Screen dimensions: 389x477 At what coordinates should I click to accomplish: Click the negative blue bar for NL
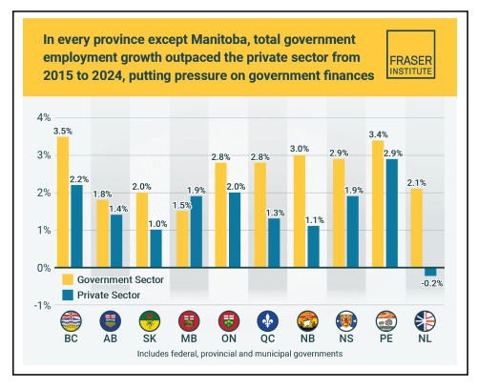431,272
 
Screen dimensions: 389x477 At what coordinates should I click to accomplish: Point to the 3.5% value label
63,129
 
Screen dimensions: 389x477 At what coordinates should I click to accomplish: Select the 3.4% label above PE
378,133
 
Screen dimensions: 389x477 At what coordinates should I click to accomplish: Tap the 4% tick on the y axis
42,118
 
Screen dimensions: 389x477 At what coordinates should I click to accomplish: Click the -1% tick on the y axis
40,305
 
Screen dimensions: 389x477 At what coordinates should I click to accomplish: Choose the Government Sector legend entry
120,279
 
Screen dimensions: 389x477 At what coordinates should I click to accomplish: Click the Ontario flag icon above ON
227,321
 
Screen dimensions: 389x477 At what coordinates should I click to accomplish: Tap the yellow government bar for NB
300,211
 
